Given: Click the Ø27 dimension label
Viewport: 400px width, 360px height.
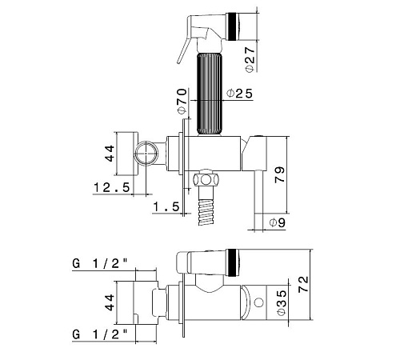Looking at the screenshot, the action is [250, 59].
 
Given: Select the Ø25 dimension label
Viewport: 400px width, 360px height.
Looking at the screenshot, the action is [239, 94].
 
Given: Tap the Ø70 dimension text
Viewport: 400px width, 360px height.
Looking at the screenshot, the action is [182, 102].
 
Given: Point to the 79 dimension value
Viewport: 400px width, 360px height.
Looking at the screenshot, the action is [279, 174].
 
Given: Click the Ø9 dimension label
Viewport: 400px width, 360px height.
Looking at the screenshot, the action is [278, 222].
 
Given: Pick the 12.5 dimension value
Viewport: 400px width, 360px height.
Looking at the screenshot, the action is [112, 187].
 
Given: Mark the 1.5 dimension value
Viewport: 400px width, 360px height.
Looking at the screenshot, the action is [166, 206].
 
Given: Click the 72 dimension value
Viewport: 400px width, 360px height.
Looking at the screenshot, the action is [303, 284].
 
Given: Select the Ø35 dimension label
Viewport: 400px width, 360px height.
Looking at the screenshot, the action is [282, 302].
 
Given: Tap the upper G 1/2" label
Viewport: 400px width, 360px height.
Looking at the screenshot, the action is [100, 264].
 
